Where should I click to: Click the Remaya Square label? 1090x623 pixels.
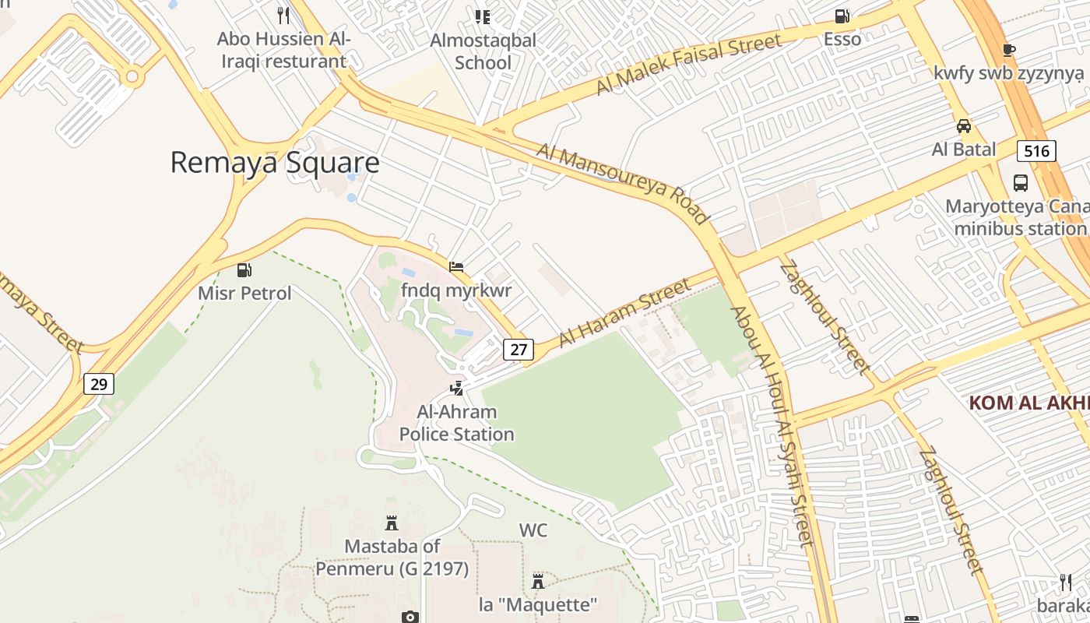(275, 162)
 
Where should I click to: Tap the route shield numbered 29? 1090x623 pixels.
(99, 383)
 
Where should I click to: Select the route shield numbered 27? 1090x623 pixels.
(519, 350)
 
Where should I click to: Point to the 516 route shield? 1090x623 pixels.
(1036, 150)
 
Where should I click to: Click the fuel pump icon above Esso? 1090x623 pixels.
(842, 16)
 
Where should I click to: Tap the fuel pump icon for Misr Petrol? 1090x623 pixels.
(244, 270)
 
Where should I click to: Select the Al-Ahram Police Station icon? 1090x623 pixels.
(457, 388)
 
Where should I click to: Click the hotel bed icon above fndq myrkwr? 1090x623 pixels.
(457, 267)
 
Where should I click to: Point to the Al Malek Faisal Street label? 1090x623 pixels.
(688, 64)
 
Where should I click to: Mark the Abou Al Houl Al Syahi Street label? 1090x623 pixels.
(771, 427)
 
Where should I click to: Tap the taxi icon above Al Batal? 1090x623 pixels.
(964, 125)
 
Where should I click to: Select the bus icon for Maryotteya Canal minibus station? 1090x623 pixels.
(1020, 183)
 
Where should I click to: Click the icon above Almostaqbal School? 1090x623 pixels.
(483, 16)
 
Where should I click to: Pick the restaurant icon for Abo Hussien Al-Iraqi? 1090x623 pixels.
(283, 15)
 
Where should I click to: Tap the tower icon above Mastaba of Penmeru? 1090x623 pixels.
(392, 523)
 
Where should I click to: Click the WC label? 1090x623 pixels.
(533, 530)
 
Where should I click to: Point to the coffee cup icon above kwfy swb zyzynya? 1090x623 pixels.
(1009, 50)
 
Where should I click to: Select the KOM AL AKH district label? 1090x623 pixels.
(1028, 403)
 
